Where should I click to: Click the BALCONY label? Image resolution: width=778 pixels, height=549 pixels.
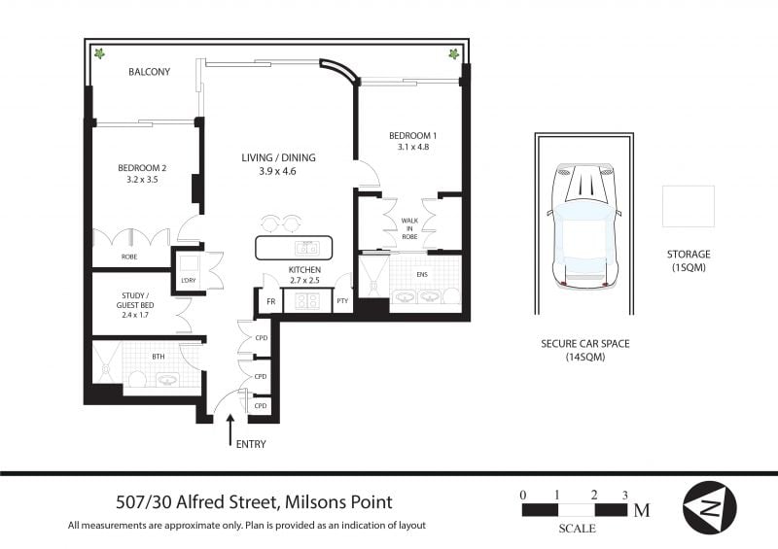150,72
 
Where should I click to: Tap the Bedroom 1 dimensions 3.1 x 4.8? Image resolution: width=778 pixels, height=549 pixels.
412,147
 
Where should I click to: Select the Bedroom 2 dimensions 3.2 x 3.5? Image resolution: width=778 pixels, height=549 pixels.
142,180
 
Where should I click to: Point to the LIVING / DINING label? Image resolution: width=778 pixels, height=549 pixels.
278,157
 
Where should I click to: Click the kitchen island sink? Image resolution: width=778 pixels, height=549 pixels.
307,248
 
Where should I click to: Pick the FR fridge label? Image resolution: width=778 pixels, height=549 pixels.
271,301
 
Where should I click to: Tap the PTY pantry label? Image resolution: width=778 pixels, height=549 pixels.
342,301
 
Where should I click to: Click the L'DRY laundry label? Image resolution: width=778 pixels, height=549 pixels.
189,280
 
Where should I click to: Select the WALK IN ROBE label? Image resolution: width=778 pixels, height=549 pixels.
409,228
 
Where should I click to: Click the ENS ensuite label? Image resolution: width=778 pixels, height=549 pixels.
422,274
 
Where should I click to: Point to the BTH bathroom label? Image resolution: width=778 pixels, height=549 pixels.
159,357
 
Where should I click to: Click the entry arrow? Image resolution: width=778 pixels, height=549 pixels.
230,430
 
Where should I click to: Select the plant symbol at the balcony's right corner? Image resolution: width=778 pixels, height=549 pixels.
453,53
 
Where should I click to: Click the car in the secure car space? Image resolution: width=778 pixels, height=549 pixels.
584,227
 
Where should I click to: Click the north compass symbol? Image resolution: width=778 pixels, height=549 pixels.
710,507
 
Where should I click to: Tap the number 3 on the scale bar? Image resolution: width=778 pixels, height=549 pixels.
624,495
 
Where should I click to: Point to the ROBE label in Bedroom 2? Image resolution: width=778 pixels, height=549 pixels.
129,257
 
